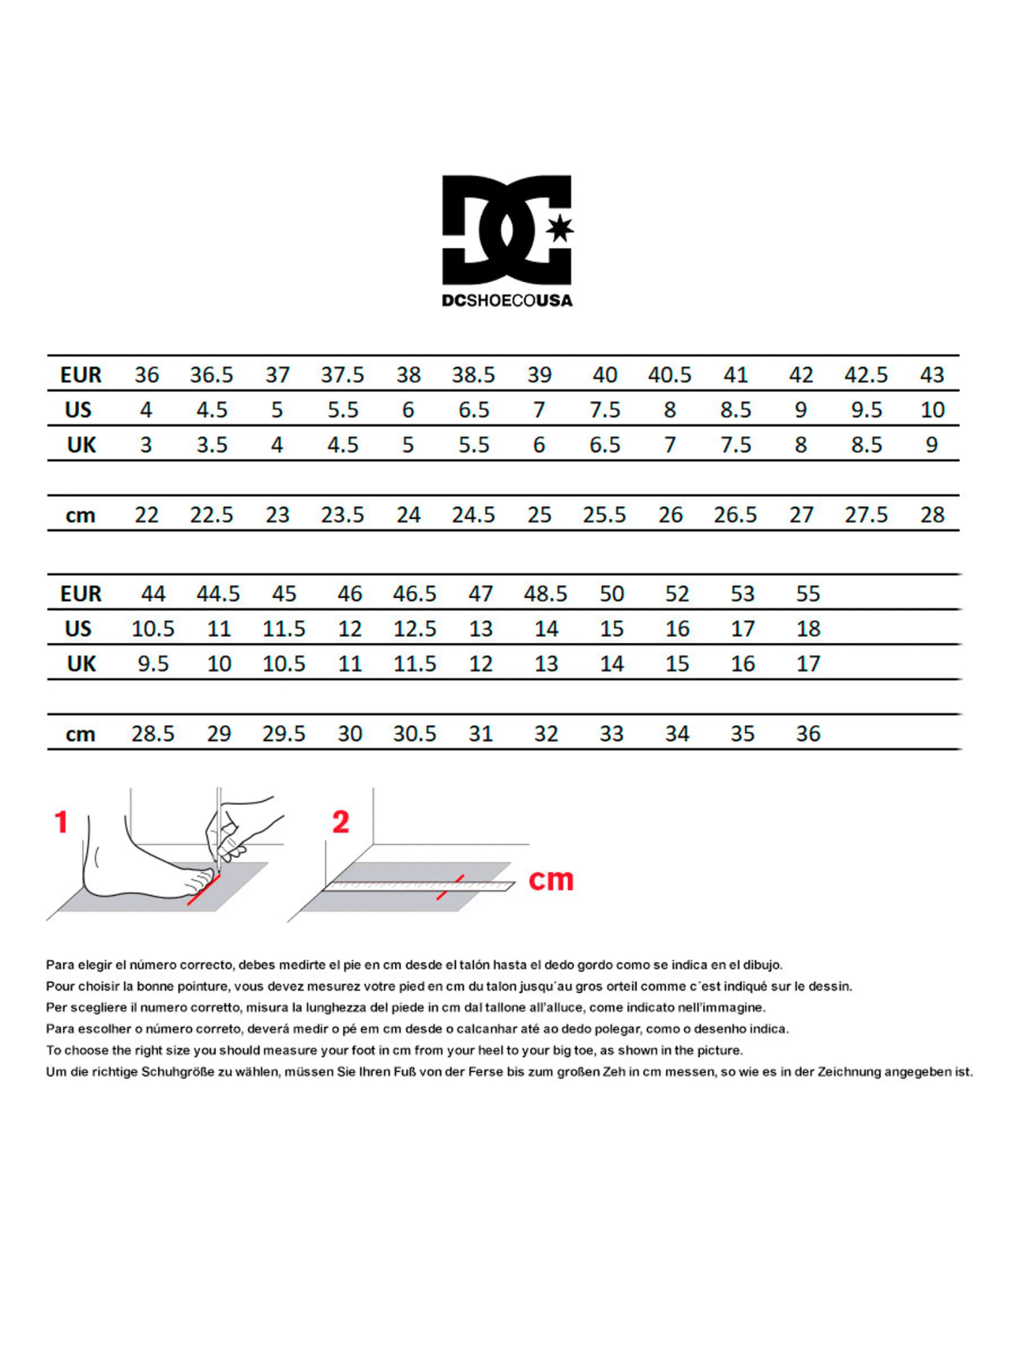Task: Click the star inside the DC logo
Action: pyautogui.click(x=559, y=229)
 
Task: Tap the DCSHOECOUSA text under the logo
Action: pyautogui.click(x=507, y=301)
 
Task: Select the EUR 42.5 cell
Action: pyautogui.click(x=865, y=375)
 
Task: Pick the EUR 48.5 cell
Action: pyautogui.click(x=546, y=594)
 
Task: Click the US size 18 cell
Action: pyautogui.click(x=808, y=629)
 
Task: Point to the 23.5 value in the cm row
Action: pyautogui.click(x=342, y=515)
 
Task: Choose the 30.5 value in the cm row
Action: pyautogui.click(x=415, y=734)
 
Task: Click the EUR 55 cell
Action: pyautogui.click(x=808, y=594)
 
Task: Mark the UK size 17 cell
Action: pyautogui.click(x=808, y=664)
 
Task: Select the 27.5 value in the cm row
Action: pyautogui.click(x=865, y=515)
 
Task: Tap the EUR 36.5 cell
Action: pyautogui.click(x=211, y=375)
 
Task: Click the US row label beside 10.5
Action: pyautogui.click(x=78, y=629)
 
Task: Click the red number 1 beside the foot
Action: pyautogui.click(x=62, y=822)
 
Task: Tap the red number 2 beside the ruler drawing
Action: pyautogui.click(x=341, y=822)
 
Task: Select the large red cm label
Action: pyautogui.click(x=551, y=879)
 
